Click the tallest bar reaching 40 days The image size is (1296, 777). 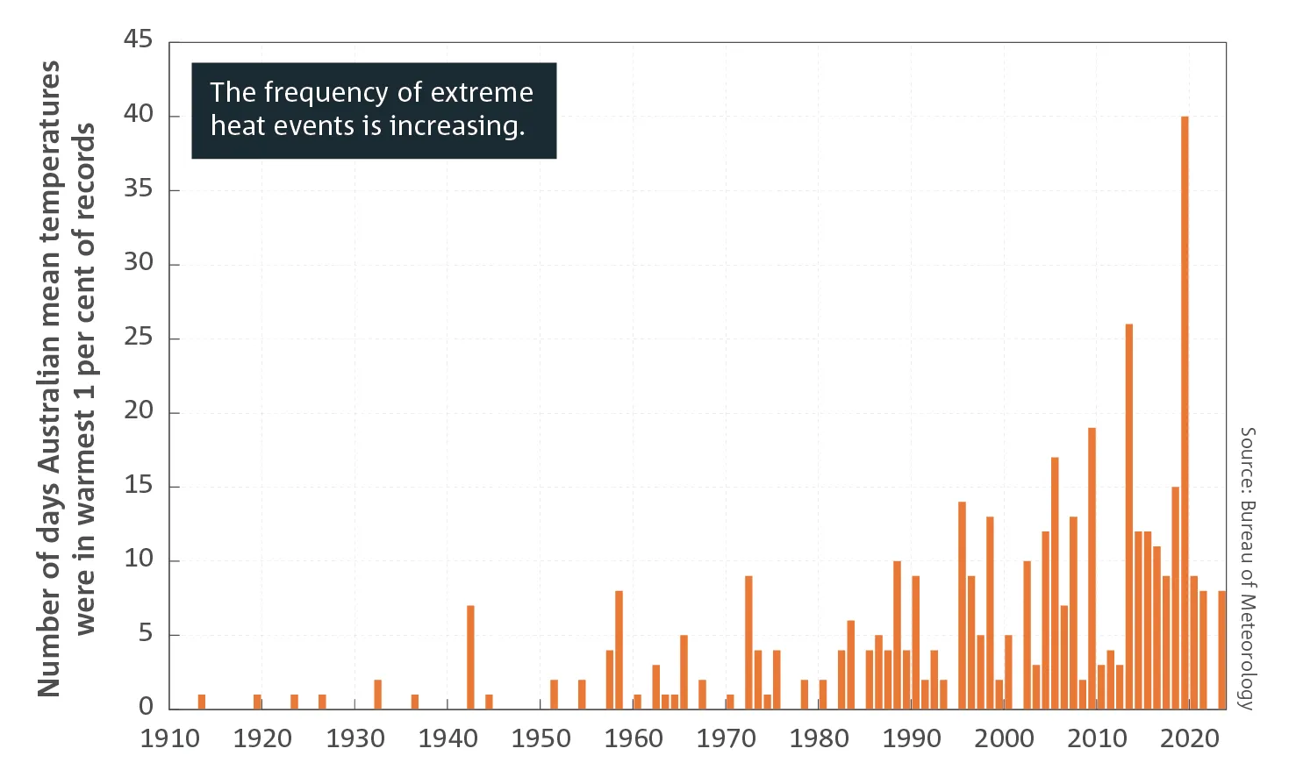tap(1185, 412)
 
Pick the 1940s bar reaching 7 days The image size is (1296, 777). tap(470, 657)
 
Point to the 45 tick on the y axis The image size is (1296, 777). tap(138, 39)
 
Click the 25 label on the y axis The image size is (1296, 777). tap(138, 337)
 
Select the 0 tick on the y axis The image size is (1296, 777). tap(146, 707)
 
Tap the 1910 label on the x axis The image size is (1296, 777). tap(169, 739)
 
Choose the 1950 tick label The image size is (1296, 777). tap(541, 739)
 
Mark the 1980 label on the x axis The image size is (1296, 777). tap(819, 739)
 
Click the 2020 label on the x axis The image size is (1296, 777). tap(1190, 739)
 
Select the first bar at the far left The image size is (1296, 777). tap(202, 702)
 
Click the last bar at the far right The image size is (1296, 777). tap(1221, 650)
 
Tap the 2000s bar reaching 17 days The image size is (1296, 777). tap(1055, 582)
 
